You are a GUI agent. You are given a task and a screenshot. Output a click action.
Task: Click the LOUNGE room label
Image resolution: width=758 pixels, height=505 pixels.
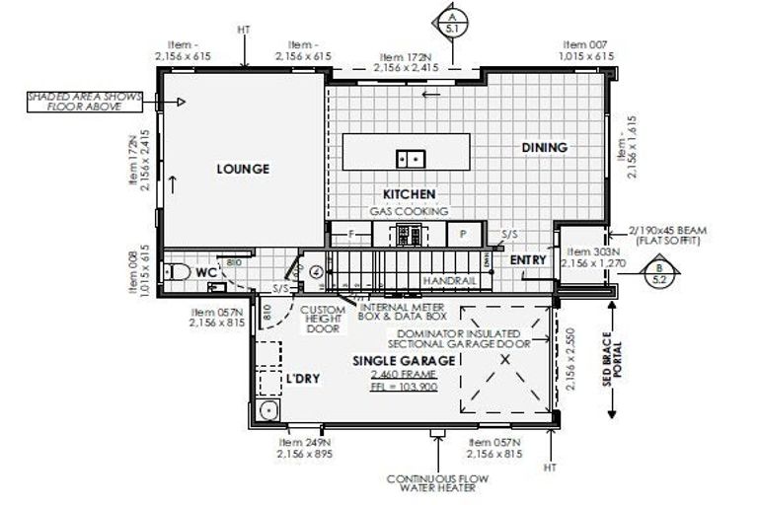click(x=243, y=169)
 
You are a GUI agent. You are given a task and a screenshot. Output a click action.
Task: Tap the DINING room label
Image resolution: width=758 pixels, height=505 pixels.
click(x=544, y=147)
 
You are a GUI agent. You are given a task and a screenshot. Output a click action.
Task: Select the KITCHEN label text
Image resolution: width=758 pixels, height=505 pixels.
click(x=410, y=194)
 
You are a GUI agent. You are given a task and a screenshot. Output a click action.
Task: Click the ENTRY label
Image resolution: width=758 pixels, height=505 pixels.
click(x=528, y=259)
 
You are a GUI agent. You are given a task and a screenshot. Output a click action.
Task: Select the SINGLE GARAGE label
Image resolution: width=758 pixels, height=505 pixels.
click(x=404, y=361)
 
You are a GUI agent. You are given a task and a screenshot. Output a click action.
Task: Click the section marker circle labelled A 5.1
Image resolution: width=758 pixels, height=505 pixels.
click(x=450, y=21)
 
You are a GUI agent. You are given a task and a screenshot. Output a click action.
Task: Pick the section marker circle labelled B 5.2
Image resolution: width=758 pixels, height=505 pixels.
click(x=659, y=273)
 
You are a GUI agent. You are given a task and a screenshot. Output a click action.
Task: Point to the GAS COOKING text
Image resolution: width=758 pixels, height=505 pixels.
click(x=409, y=211)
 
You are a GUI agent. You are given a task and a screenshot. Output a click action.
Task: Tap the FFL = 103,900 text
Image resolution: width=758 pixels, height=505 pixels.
click(x=404, y=389)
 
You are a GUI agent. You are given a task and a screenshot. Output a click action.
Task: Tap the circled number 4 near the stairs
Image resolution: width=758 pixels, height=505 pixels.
click(x=316, y=271)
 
